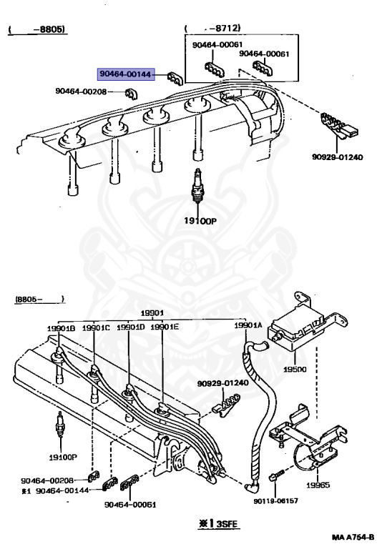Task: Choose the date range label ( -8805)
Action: click(x=37, y=30)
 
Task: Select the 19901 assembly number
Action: click(x=151, y=312)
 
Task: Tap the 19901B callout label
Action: click(x=61, y=328)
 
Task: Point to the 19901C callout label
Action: click(x=95, y=327)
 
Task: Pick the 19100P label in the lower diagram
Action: click(x=63, y=455)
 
